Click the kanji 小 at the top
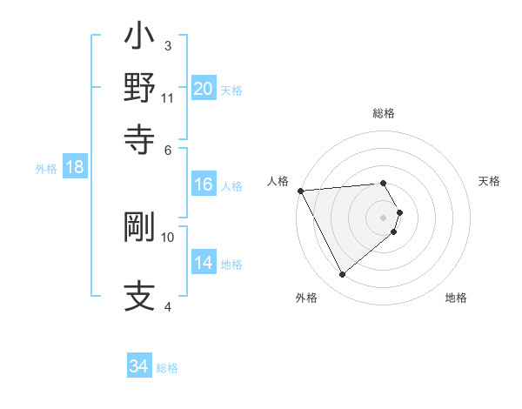point(139,39)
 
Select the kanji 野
point(139,88)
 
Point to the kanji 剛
point(139,228)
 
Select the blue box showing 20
point(204,89)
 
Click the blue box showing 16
point(204,184)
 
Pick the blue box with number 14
point(204,263)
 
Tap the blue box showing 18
point(75,167)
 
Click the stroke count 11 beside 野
point(167,97)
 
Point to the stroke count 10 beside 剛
point(168,237)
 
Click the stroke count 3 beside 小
point(168,45)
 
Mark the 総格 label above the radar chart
point(384,113)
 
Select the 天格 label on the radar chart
point(489,181)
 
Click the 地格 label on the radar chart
point(456,298)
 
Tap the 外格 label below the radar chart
point(306,298)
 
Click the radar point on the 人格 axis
point(300,191)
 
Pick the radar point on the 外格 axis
point(342,275)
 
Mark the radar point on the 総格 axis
point(384,184)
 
